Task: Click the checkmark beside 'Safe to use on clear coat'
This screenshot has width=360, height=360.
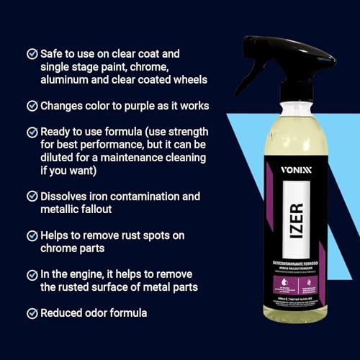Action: coord(32,53)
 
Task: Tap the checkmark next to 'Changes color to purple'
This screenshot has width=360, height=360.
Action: coord(32,106)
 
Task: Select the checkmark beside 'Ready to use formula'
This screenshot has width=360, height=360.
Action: coord(32,132)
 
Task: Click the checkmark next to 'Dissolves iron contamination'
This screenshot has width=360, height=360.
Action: coord(32,196)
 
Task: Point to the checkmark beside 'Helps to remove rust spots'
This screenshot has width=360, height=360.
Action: coord(32,235)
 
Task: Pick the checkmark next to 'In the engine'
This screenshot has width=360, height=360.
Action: coord(32,274)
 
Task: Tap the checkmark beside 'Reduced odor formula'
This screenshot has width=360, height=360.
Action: coord(32,313)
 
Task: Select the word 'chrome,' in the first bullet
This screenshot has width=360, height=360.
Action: coord(171,66)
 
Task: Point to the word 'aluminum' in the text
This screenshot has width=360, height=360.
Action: coord(68,80)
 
